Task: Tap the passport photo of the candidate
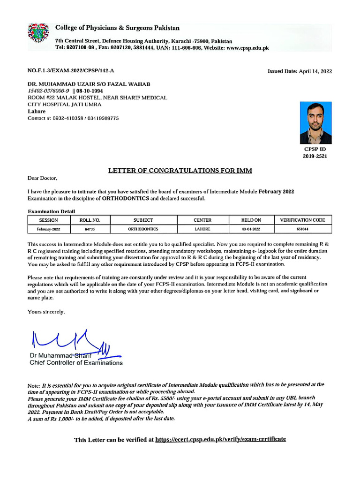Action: pyautogui.click(x=315, y=123)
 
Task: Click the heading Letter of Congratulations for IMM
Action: pyautogui.click(x=180, y=171)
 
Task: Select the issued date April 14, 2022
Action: pyautogui.click(x=315, y=71)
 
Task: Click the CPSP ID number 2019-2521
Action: pyautogui.click(x=315, y=156)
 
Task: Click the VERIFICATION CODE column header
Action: pyautogui.click(x=302, y=220)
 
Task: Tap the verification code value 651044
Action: pyautogui.click(x=302, y=229)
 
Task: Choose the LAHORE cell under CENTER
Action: pyautogui.click(x=202, y=229)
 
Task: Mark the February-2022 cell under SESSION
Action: pyautogui.click(x=49, y=229)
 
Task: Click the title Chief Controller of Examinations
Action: pyautogui.click(x=76, y=363)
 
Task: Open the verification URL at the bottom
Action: pyautogui.click(x=220, y=439)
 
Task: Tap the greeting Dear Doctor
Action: pyautogui.click(x=43, y=179)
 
